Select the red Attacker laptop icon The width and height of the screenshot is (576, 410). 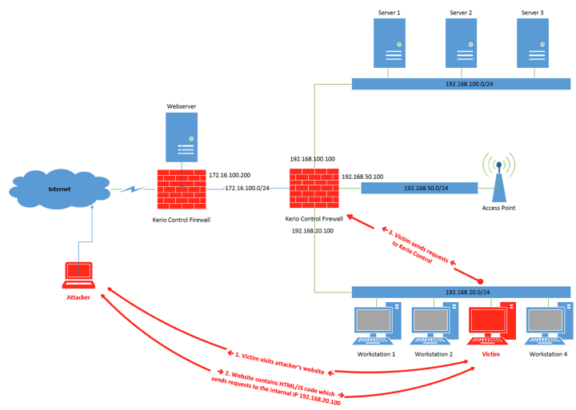(x=78, y=275)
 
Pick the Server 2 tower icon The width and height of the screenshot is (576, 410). (x=462, y=44)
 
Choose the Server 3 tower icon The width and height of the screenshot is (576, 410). (x=534, y=44)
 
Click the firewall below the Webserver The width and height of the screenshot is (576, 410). (x=182, y=189)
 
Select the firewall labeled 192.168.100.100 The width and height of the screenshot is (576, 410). (x=314, y=189)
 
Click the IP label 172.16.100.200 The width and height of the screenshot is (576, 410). (x=230, y=174)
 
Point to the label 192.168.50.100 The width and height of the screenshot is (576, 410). (x=362, y=176)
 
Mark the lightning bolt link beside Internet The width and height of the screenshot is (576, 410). (x=131, y=189)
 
